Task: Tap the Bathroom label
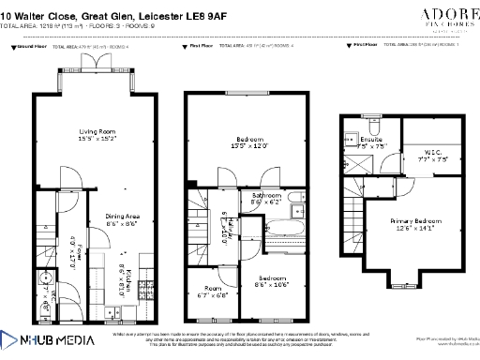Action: (266, 198)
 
